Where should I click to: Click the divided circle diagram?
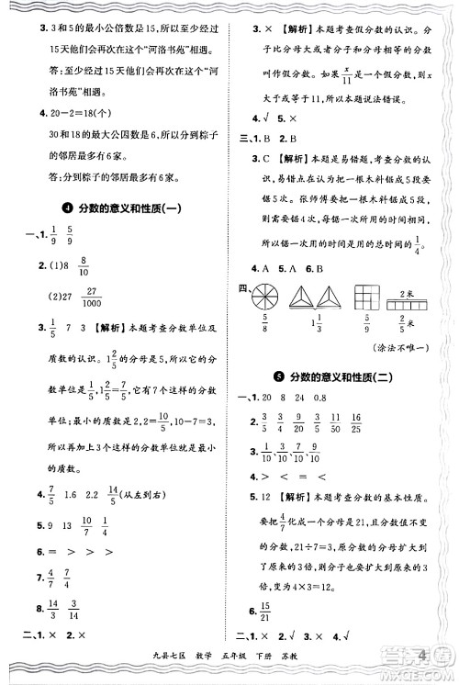265,301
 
